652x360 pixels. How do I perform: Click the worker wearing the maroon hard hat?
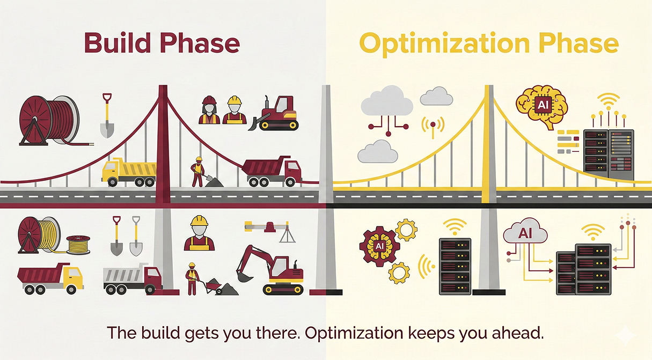click(209, 111)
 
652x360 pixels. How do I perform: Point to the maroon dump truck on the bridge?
click(271, 172)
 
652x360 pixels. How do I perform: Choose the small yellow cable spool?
click(78, 244)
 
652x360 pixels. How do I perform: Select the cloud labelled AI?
click(525, 234)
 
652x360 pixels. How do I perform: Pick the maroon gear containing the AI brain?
click(379, 246)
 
